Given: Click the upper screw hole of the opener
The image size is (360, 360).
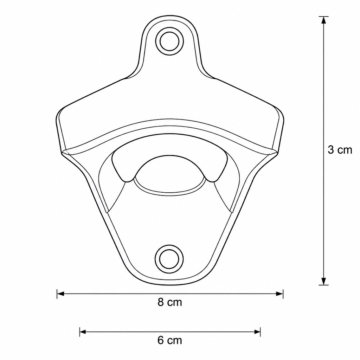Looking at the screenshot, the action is coord(169,41).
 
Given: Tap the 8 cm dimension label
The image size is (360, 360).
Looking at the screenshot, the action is coord(170,302).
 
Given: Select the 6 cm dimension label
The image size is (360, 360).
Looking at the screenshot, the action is coord(170,340).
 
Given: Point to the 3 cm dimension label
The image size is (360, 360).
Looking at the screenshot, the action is coord(340,150).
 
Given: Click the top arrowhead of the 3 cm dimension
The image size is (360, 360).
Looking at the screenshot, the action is coord(323,20).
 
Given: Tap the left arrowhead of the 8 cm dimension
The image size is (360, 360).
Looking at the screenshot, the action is coord(60,294).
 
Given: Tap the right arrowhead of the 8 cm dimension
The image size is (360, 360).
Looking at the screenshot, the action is coord(279,294).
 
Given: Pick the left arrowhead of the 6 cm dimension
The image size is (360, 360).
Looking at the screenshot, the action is coord(83,332).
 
